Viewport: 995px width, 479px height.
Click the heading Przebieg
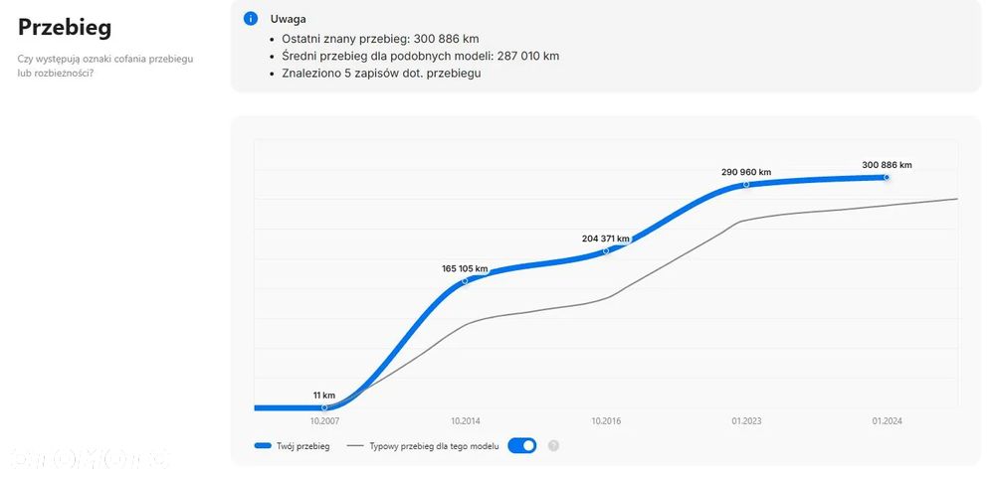pos(65,27)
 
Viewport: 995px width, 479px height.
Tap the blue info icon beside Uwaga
pos(250,19)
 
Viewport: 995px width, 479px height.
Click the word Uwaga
pos(289,19)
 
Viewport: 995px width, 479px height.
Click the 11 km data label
pos(324,396)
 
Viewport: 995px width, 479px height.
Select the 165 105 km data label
pos(465,268)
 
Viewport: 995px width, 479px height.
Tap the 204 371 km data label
pos(606,239)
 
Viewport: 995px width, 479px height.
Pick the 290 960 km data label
pos(746,172)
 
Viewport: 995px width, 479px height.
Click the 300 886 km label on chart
pos(887,165)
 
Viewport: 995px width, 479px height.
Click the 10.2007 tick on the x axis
pos(324,421)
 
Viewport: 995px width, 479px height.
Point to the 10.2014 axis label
pos(465,421)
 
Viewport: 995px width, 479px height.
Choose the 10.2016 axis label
pos(606,421)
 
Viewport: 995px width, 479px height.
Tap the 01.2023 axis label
pos(746,421)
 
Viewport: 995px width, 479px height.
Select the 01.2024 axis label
pos(887,421)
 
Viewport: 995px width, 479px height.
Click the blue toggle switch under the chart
pos(522,445)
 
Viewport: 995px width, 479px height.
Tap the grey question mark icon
pos(553,445)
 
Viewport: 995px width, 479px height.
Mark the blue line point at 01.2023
pos(746,185)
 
